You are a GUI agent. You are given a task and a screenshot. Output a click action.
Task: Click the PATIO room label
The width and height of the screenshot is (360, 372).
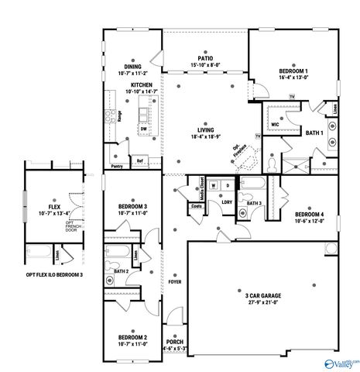pyautogui.click(x=204, y=58)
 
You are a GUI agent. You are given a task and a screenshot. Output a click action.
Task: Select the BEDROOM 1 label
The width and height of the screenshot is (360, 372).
pyautogui.click(x=293, y=71)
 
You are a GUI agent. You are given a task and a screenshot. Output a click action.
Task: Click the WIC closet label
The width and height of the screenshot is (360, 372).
pyautogui.click(x=275, y=122)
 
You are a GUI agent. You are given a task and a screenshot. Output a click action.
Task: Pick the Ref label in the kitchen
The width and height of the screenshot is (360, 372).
pyautogui.click(x=140, y=161)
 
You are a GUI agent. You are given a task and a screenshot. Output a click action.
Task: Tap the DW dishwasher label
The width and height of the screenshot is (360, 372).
pyautogui.click(x=143, y=129)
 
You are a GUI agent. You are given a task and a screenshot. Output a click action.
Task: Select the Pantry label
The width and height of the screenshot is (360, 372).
pyautogui.click(x=117, y=166)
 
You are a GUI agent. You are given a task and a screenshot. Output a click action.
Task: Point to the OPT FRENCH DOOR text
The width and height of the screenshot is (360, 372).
pyautogui.click(x=71, y=226)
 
